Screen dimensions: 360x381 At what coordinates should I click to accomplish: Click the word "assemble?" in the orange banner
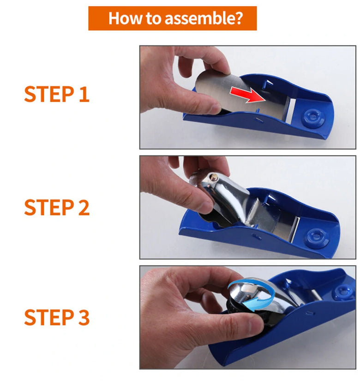pos(204,18)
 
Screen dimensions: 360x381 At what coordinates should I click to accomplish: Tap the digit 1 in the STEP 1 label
pos(84,94)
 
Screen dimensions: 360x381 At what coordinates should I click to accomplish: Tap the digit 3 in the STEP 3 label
pos(84,317)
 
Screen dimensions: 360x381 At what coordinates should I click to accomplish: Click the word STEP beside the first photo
pos(49,94)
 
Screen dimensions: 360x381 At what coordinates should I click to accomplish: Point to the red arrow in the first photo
pos(247,95)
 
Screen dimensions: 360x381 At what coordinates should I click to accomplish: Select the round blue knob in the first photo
pos(313,118)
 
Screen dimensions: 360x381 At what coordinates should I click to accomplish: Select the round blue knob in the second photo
pos(317,237)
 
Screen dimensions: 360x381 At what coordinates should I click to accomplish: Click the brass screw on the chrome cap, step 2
pos(214,177)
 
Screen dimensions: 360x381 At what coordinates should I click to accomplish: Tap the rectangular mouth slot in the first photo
pos(290,110)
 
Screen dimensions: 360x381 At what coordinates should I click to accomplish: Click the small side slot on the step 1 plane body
pos(259,120)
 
